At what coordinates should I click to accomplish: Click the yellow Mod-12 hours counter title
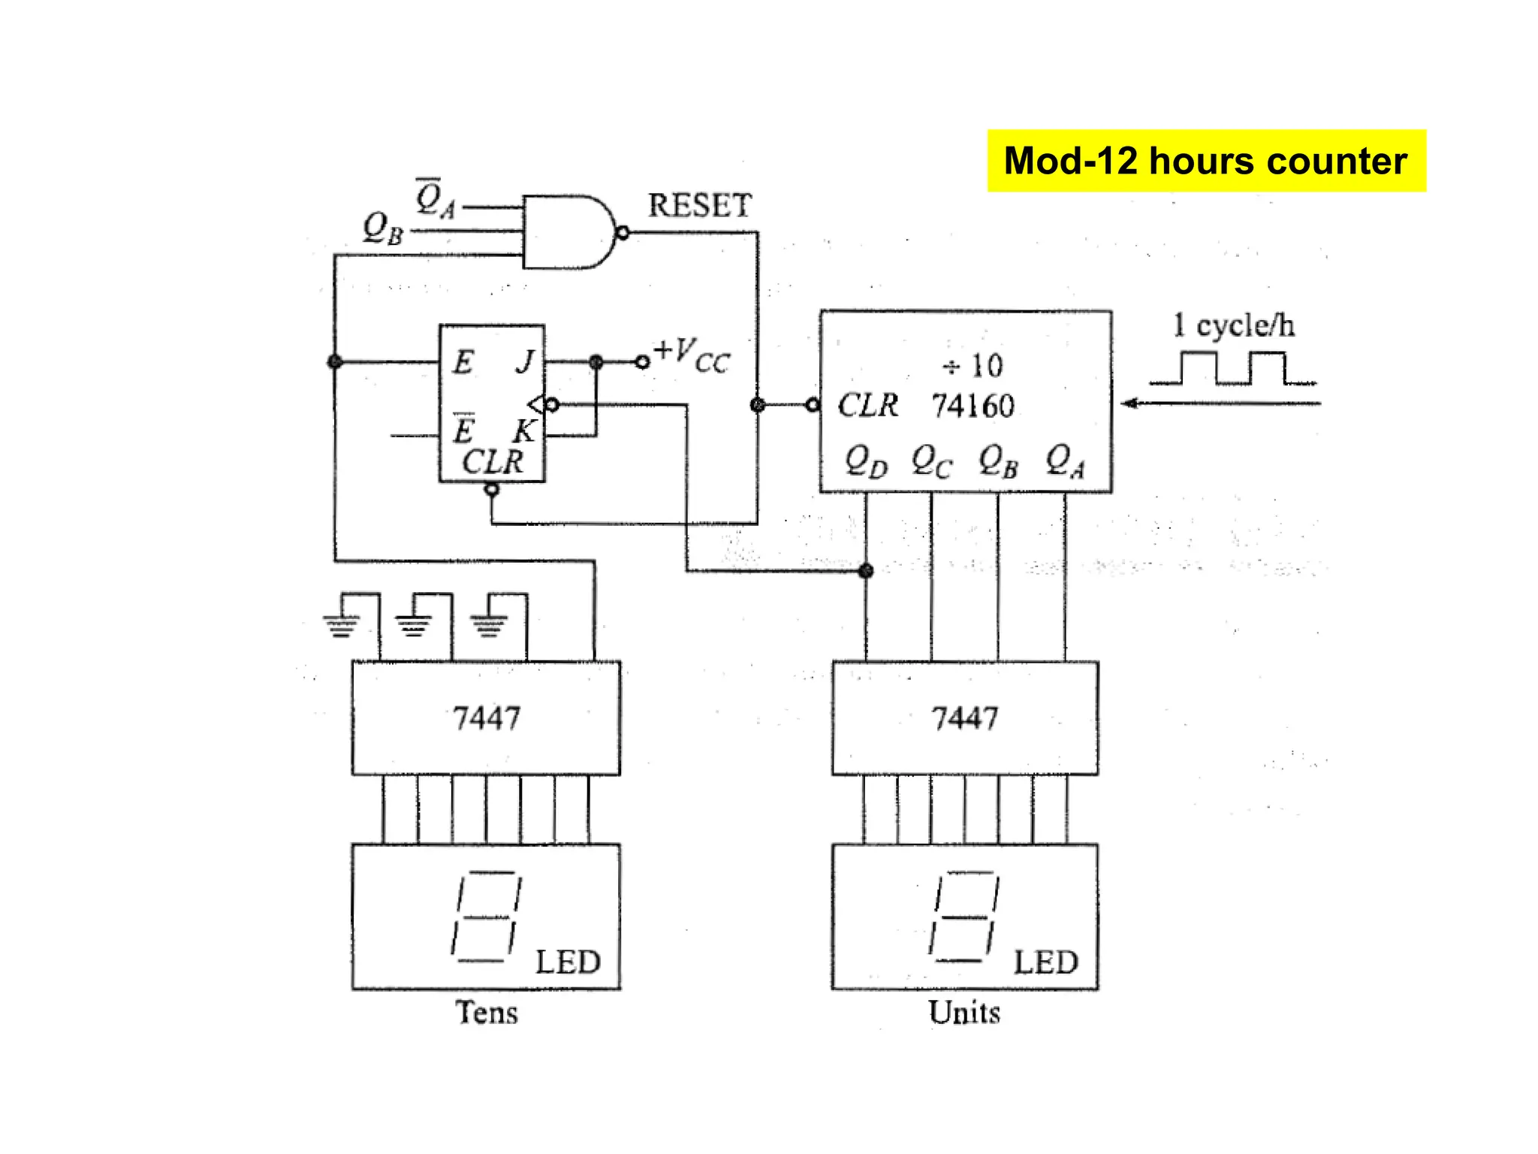point(1205,161)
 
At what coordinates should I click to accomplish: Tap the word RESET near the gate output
point(699,205)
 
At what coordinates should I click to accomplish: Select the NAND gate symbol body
point(565,232)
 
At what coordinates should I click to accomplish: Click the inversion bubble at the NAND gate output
point(623,233)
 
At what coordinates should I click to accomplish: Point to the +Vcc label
point(691,355)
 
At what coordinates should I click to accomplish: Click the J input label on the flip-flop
point(525,362)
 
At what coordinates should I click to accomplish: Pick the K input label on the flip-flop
point(523,431)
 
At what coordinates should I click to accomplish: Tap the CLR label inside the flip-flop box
point(492,461)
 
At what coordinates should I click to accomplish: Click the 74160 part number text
point(973,406)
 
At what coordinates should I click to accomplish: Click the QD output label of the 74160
point(865,461)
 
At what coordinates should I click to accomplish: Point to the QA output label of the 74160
point(1065,461)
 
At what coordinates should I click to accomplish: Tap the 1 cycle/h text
point(1233,325)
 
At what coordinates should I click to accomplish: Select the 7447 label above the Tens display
point(486,717)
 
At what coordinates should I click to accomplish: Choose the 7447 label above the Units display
point(965,717)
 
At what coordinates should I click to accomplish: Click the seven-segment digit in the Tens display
point(486,917)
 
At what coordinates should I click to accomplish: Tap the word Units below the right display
point(964,1012)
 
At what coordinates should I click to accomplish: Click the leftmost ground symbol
point(342,624)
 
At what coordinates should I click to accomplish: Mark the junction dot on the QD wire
point(866,571)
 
